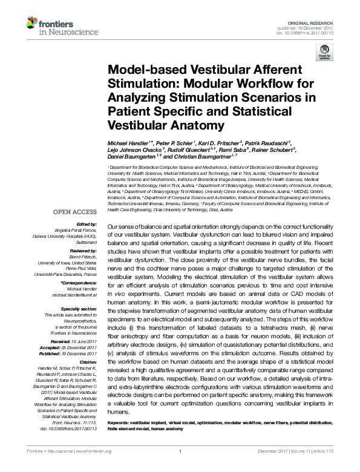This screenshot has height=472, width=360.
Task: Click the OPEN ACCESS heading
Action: coord(74,212)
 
